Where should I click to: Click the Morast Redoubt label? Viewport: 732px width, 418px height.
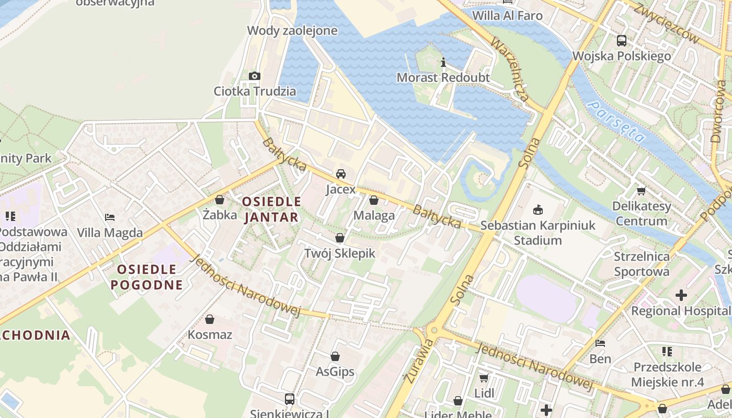pos(443,78)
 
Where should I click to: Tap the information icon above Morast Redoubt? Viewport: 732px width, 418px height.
pos(443,63)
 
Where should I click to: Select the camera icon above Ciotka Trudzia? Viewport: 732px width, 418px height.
pos(255,76)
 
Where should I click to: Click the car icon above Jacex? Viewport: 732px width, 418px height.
pos(341,174)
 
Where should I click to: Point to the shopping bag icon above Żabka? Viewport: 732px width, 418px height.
pos(220,200)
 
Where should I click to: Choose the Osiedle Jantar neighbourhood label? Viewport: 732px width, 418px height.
pos(271,209)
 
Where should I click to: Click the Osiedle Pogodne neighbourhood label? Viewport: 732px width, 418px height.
pos(147,277)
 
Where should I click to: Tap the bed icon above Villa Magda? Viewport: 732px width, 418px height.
pos(110,217)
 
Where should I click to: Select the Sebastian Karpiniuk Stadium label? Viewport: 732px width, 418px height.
pos(537,233)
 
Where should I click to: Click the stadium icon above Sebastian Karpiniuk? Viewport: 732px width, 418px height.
pos(537,210)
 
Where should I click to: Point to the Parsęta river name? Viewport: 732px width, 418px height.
pos(616,122)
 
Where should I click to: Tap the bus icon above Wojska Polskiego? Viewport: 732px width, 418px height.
pos(622,41)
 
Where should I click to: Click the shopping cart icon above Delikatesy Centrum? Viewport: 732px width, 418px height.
pos(642,191)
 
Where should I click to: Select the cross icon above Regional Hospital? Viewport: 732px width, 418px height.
pos(681,295)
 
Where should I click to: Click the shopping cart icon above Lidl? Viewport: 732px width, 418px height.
pos(484,377)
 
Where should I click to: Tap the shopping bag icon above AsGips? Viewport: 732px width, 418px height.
pos(335,356)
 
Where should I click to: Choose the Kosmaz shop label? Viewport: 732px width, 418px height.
pos(210,334)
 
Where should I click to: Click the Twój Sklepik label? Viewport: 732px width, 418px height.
pos(340,253)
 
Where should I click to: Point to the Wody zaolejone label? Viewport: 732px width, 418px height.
pos(292,31)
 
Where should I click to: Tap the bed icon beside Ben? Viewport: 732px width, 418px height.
pos(600,343)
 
